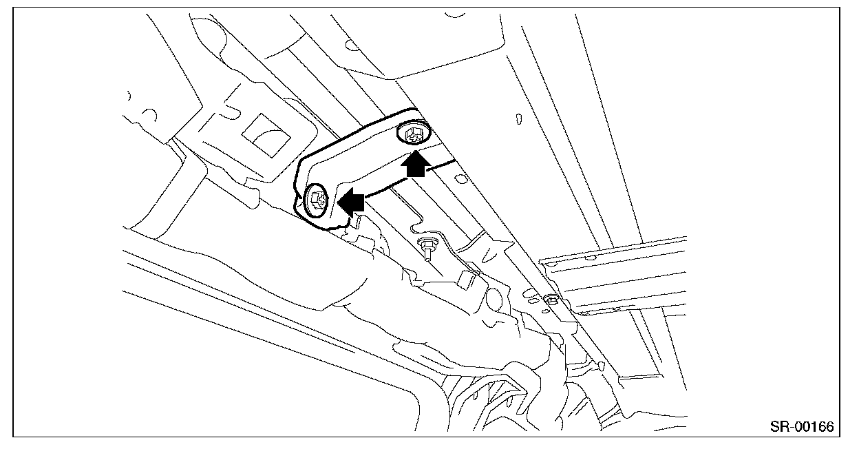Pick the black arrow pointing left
350,201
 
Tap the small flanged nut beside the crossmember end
551,300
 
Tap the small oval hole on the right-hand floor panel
518,118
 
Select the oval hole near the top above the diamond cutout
351,45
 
